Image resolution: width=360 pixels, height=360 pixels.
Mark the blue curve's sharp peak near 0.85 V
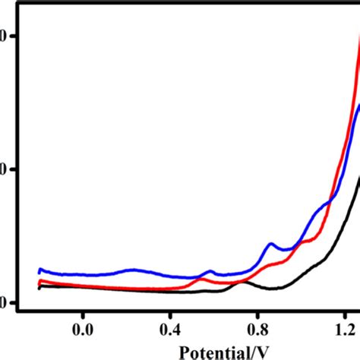point(270,244)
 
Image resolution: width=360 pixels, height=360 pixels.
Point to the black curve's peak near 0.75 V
point(243,282)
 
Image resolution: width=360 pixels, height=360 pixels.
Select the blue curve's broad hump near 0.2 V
point(134,270)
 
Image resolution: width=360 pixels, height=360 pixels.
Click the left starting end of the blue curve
point(39,270)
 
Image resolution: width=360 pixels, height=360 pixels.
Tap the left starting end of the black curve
point(39,286)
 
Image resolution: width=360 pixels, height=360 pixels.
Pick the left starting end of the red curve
point(39,282)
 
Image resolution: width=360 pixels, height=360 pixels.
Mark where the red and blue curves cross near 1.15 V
point(331,200)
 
